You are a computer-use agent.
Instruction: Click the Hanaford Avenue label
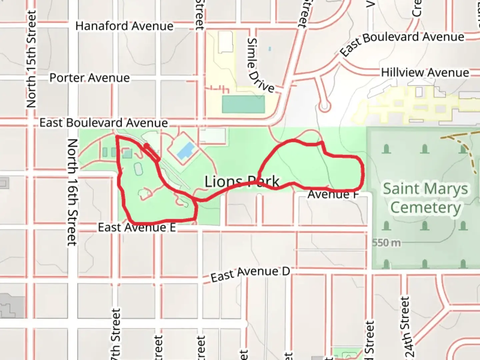tap(124, 26)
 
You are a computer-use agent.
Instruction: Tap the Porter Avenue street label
tap(89, 78)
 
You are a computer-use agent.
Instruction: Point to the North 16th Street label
tap(72, 192)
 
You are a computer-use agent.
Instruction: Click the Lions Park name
tap(242, 182)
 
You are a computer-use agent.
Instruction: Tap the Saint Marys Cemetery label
tap(425, 198)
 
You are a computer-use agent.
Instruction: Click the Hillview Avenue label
tap(425, 72)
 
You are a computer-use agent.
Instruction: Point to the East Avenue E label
tap(137, 228)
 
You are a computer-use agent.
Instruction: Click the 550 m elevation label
tap(386, 243)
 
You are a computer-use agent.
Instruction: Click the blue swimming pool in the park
tap(186, 151)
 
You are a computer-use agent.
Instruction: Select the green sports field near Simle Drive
tap(243, 104)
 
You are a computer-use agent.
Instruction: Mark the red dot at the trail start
tap(146, 146)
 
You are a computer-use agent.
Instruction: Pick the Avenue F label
tap(333, 194)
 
